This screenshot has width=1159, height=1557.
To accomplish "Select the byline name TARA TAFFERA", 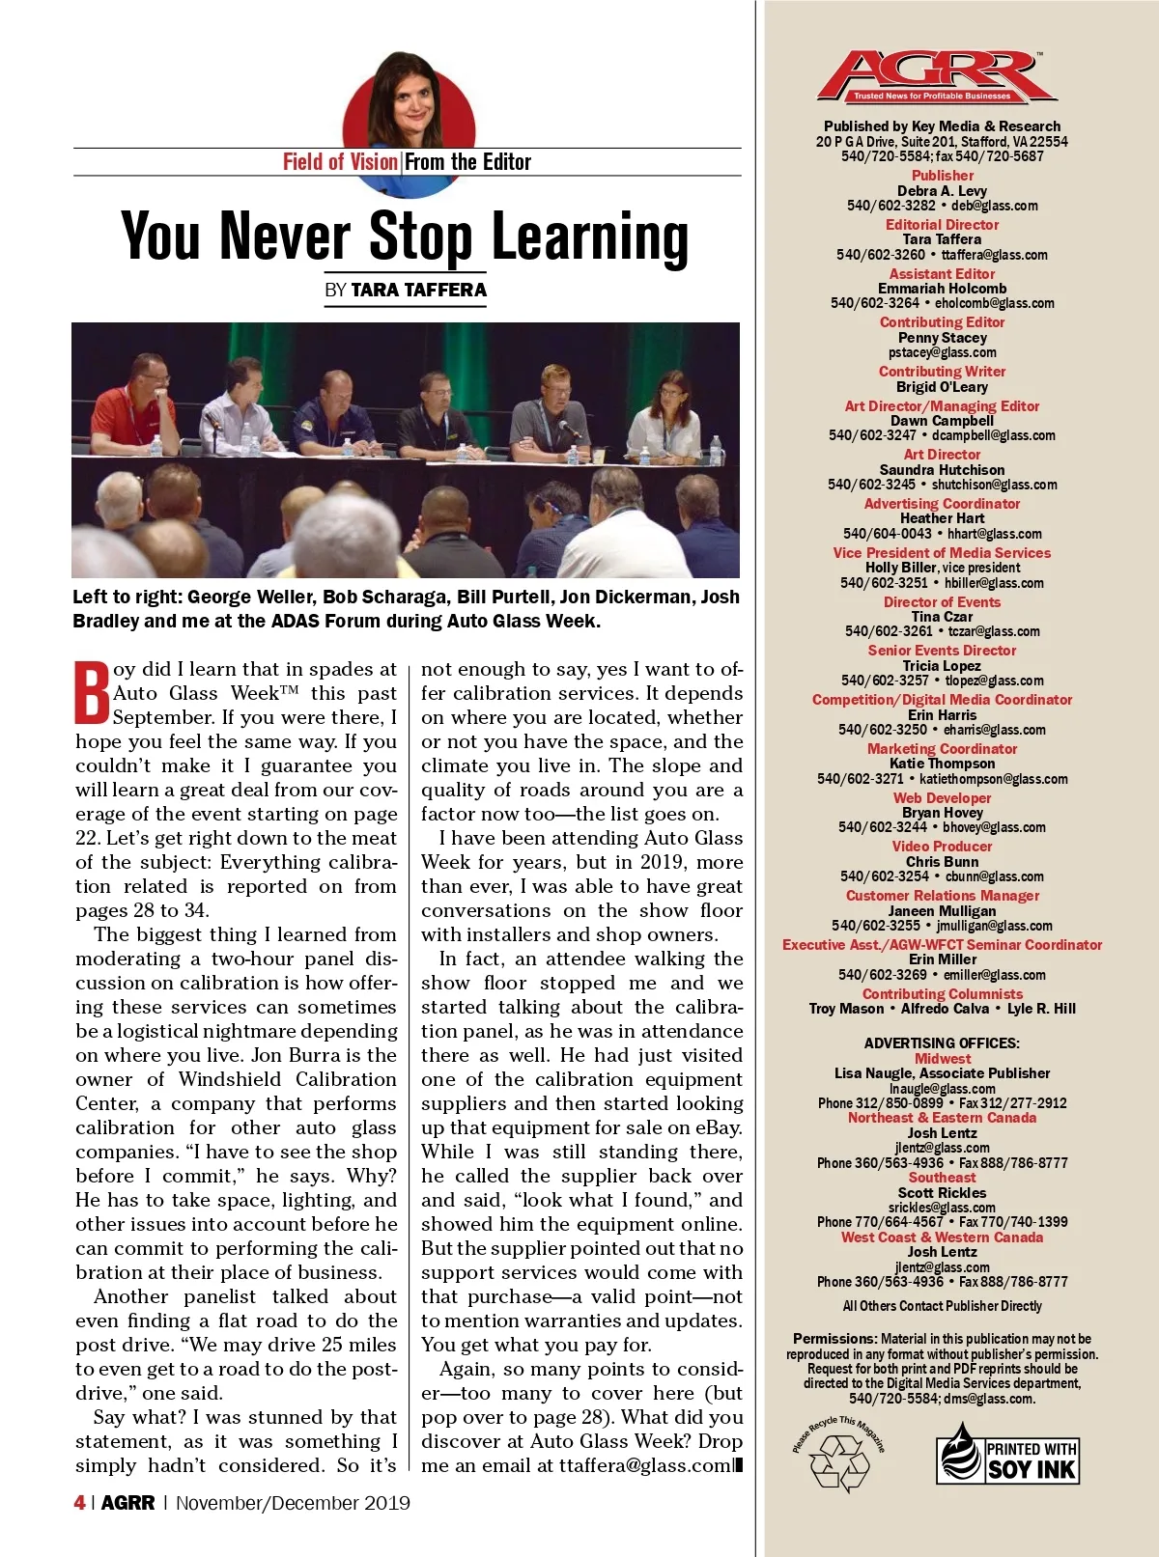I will pyautogui.click(x=418, y=290).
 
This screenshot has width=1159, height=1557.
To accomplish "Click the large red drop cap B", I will pyautogui.click(x=93, y=692).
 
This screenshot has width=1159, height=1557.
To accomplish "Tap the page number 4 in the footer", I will pyautogui.click(x=79, y=1503).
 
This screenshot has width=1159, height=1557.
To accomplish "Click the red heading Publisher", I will pyautogui.click(x=943, y=176).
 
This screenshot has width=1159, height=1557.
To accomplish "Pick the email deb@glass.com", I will pyautogui.click(x=994, y=206).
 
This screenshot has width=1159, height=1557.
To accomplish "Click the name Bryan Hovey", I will pyautogui.click(x=942, y=813).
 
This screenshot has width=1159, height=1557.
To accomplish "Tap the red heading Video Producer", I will pyautogui.click(x=942, y=847).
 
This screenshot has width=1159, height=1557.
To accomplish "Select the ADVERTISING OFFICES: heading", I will pyautogui.click(x=942, y=1043).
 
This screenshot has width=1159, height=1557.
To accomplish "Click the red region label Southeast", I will pyautogui.click(x=942, y=1178).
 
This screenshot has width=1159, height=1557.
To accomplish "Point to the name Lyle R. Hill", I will pyautogui.click(x=1041, y=1009).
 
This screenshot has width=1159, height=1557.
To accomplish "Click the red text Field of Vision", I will pyautogui.click(x=340, y=162).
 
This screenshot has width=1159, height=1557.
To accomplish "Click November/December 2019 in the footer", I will pyautogui.click(x=293, y=1503).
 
